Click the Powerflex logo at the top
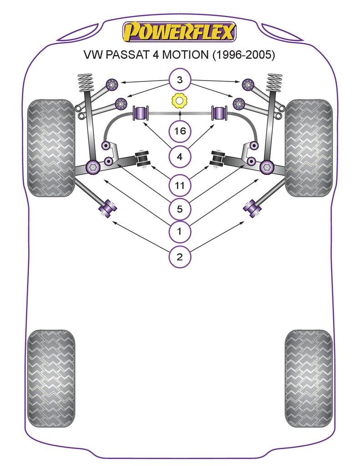pos(179,32)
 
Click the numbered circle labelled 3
pos(180,81)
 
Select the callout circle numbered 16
pos(180,132)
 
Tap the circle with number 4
pos(180,157)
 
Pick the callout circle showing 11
pos(180,185)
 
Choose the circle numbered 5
pos(180,209)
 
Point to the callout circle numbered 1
pos(180,232)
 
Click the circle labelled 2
pos(180,257)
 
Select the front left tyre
pos(51,148)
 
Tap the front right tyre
pos(309,148)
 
